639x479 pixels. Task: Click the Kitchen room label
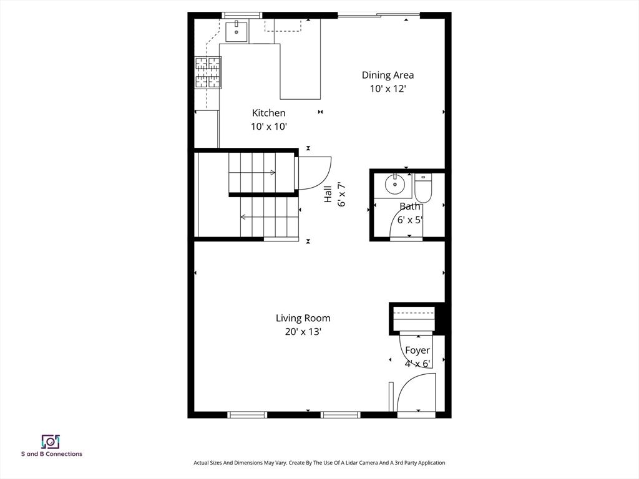(x=268, y=113)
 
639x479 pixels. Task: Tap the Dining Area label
(x=388, y=75)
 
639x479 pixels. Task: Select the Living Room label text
(x=303, y=318)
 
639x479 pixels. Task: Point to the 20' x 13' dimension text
(x=303, y=332)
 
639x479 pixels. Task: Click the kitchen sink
(x=237, y=32)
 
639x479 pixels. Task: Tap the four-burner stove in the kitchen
(x=208, y=72)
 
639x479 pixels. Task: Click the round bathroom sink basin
(x=394, y=184)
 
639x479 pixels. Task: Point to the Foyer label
(x=417, y=351)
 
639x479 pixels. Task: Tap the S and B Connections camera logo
(x=51, y=442)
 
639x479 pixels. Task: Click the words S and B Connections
(x=52, y=454)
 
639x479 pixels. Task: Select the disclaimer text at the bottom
(x=319, y=463)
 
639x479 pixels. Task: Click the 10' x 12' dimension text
(x=388, y=89)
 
